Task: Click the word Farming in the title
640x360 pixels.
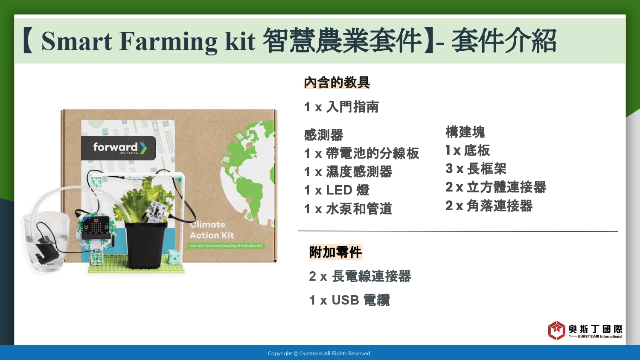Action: pos(168,41)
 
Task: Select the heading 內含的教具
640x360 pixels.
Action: pos(337,83)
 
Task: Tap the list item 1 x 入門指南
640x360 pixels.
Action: pos(341,107)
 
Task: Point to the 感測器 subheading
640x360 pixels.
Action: pos(323,135)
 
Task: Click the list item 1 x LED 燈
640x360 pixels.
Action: pos(337,190)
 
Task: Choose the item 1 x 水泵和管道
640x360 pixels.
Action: pos(348,209)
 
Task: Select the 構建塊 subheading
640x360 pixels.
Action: pos(465,132)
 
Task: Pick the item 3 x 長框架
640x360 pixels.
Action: pos(476,168)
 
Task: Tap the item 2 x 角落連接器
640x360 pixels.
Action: pos(489,206)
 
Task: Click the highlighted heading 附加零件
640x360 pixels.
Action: pos(335,252)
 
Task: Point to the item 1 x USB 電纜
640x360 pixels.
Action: pos(349,300)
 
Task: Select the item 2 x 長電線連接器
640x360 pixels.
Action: pos(360,276)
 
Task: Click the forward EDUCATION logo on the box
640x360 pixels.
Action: pos(118,148)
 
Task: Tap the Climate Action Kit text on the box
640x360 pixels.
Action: pos(212,230)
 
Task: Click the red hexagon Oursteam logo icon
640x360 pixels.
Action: pos(556,330)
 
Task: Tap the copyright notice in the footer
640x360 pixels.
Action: pos(320,354)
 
